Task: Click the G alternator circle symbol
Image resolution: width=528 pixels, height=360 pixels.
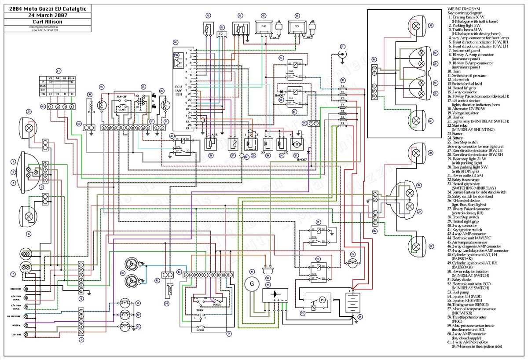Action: [x=252, y=284]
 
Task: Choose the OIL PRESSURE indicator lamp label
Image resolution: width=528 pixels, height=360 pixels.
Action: [x=14, y=316]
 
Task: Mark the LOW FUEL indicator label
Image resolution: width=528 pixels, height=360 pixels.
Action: [x=15, y=335]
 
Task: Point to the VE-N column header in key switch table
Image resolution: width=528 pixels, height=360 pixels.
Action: [x=72, y=77]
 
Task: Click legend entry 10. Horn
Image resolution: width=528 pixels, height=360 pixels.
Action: [x=456, y=71]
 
